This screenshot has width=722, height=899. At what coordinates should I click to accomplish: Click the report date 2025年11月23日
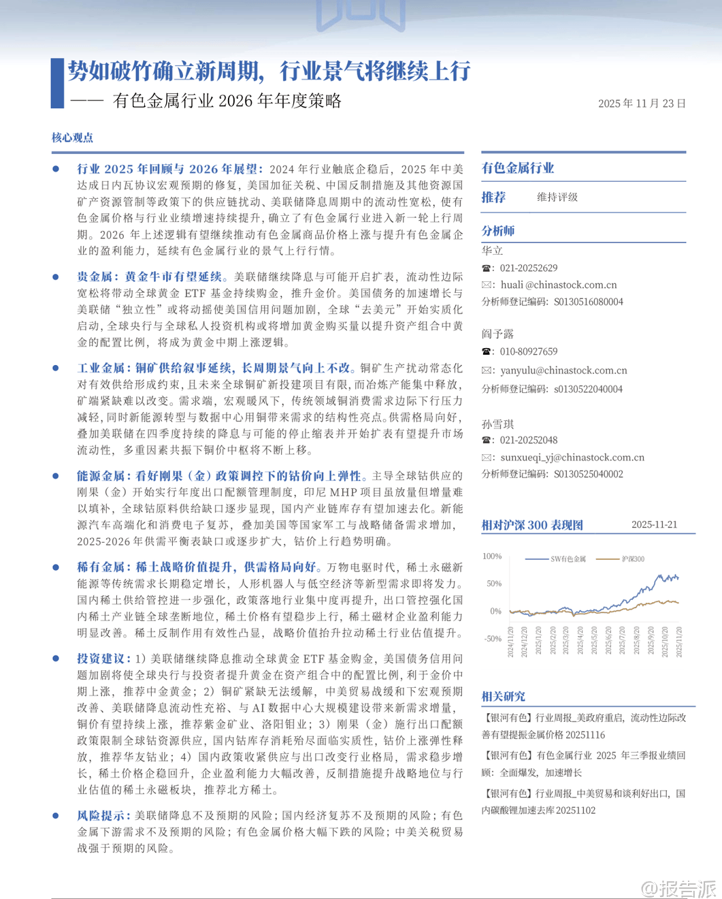642,104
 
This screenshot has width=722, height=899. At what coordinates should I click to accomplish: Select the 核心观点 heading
72,138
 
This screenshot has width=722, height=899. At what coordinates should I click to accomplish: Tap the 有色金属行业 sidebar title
518,168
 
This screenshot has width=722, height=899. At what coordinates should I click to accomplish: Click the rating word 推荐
493,198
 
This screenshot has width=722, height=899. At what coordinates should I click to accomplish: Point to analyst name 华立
492,251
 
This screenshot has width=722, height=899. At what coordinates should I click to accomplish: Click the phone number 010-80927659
529,351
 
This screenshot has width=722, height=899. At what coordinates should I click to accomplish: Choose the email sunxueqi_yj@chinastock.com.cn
572,458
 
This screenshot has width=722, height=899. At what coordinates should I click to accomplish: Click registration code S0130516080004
588,302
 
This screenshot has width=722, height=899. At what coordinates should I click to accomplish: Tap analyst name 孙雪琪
497,424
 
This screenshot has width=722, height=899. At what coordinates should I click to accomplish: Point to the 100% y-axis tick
491,556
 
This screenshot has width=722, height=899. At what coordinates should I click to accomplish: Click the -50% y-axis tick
491,639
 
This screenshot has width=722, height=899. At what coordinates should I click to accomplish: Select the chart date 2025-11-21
654,525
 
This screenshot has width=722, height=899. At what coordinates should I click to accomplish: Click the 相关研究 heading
503,697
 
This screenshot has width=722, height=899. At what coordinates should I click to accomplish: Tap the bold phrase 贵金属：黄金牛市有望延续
150,277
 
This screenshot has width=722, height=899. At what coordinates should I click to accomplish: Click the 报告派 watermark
679,888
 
